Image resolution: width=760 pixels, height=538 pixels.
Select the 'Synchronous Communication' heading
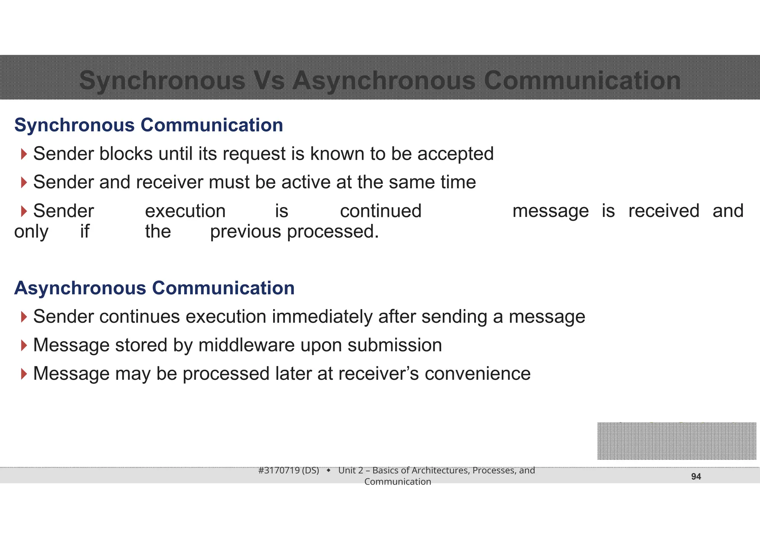click(148, 125)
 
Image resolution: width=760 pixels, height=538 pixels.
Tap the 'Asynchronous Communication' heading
click(154, 288)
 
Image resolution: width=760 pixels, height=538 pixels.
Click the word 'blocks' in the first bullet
click(126, 154)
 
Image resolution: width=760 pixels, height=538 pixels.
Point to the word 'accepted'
click(455, 154)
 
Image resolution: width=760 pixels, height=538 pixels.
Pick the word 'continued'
click(381, 211)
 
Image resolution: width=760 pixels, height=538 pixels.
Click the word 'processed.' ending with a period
click(333, 232)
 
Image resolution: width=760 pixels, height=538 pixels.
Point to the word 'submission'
click(395, 345)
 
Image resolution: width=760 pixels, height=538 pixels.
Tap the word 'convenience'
click(478, 374)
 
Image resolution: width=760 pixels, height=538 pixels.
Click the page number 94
click(696, 477)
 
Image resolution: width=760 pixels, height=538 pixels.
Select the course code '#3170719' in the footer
click(279, 471)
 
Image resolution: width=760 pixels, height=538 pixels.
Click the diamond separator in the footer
click(329, 471)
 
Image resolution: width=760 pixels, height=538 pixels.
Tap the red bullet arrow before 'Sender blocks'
click(24, 154)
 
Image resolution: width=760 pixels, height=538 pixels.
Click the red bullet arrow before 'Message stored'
click(24, 345)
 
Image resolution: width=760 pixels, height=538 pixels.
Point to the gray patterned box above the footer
click(677, 441)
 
